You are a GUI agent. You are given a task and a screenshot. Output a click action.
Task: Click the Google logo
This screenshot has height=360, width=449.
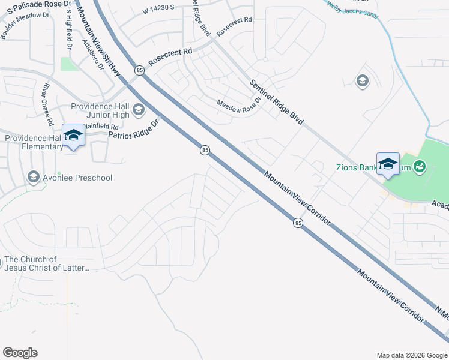click(20, 353)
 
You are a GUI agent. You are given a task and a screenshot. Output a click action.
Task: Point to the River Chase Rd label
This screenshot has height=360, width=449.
click(46, 104)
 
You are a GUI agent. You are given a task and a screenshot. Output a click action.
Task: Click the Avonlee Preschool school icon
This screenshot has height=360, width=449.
click(33, 178)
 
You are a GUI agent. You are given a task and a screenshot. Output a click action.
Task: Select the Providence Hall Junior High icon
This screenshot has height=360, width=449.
click(139, 109)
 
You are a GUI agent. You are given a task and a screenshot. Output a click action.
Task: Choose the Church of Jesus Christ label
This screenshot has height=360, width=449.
click(47, 264)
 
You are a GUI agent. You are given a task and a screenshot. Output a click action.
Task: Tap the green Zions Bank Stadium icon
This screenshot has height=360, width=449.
click(419, 166)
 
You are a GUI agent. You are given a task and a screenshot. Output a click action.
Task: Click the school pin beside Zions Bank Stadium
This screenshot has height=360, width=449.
click(388, 164)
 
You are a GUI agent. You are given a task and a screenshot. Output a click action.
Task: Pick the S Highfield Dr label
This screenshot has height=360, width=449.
click(68, 29)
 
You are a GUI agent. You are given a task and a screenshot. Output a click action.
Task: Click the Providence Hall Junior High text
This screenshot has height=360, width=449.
click(100, 110)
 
